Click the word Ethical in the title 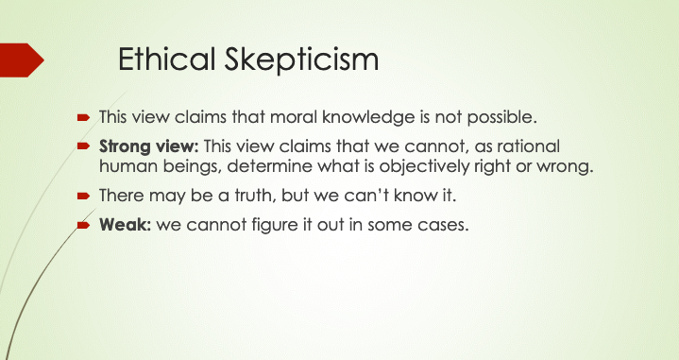click(x=166, y=59)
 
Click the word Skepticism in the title click(x=301, y=60)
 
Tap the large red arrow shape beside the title click(x=22, y=60)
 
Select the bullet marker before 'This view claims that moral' click(x=83, y=117)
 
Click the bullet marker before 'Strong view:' click(x=83, y=146)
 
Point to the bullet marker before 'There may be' click(x=83, y=197)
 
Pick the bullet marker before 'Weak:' click(x=83, y=225)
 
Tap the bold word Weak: click(x=125, y=224)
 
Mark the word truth click(x=255, y=196)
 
